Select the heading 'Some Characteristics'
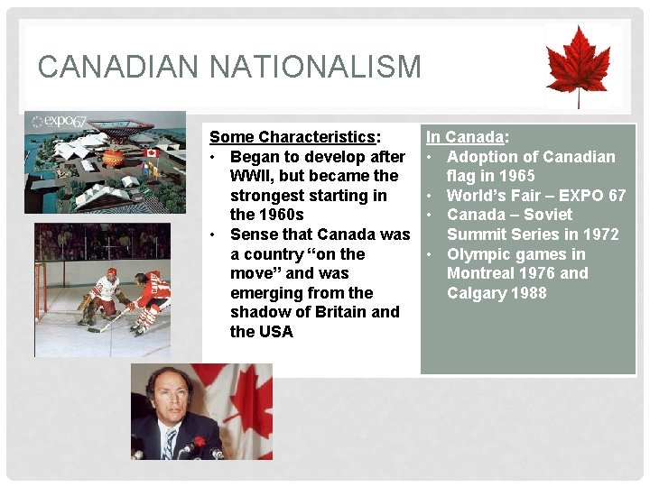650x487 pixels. tap(292, 137)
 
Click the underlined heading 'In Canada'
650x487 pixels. tap(464, 137)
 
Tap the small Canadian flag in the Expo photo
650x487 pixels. tap(152, 154)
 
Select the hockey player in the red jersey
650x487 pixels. tap(147, 298)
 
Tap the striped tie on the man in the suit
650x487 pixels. tap(170, 442)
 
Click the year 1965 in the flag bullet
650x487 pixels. tap(515, 176)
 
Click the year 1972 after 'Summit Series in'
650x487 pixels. tap(600, 234)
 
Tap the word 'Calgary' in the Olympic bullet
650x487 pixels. tap(478, 293)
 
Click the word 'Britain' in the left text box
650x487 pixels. tap(339, 312)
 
